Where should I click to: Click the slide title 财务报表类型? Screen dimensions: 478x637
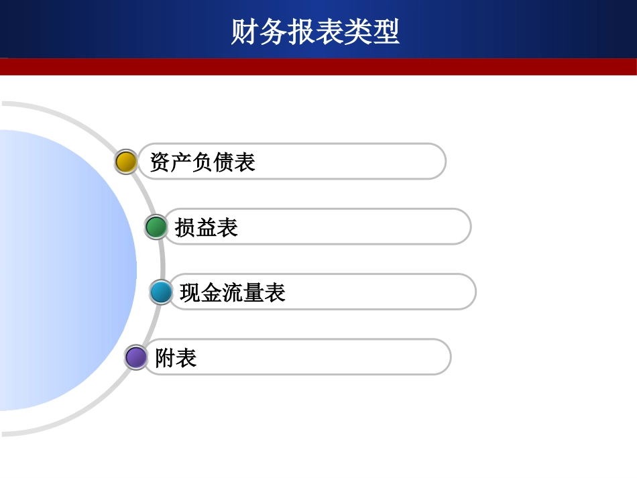coord(315,32)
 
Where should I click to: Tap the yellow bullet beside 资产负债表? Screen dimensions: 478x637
coord(126,162)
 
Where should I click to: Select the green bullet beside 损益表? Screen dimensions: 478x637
coord(156,227)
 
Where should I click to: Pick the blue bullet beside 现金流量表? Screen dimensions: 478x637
coord(161,292)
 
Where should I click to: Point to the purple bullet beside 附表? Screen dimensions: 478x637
coord(136,357)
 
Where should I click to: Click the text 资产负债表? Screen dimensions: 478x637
coord(202,162)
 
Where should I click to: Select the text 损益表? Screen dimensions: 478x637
coord(207,228)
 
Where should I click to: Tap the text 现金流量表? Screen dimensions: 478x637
coord(233,293)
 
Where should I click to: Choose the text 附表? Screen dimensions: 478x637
coord(176,358)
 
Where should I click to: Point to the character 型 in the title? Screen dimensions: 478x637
coord(386,32)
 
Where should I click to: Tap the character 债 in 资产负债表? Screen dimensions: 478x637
coord(224,162)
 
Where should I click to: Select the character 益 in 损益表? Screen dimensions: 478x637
coord(207,228)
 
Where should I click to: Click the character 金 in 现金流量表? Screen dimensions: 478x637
coord(211,293)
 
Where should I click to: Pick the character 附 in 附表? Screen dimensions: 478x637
coord(166,358)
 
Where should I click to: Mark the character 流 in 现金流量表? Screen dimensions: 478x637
coord(233,293)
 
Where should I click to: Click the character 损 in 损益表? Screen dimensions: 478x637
coord(185,228)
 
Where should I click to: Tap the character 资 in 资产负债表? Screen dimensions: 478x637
coord(160,162)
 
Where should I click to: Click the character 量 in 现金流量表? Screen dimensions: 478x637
coord(254,293)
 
